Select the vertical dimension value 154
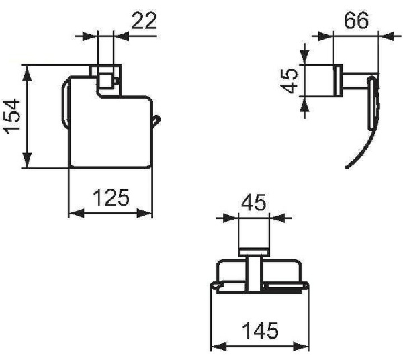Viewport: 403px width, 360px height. pyautogui.click(x=12, y=117)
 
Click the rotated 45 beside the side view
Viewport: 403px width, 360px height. pyautogui.click(x=289, y=82)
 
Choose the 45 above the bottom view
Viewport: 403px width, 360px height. pyautogui.click(x=253, y=202)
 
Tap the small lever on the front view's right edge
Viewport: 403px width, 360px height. pyautogui.click(x=156, y=120)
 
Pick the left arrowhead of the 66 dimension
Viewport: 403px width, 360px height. pyautogui.click(x=321, y=36)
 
